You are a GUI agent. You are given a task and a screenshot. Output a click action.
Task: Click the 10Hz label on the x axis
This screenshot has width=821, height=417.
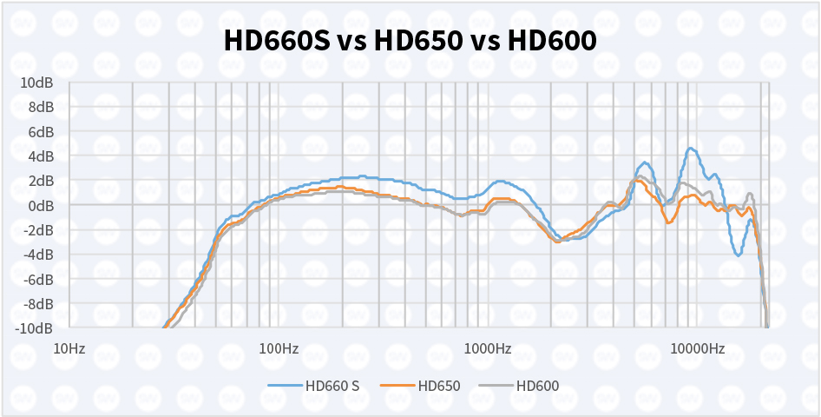point(69,349)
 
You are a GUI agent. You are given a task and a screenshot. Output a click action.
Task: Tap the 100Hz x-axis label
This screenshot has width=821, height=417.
point(278,349)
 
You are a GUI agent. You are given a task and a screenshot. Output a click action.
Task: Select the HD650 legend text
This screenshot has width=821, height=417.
point(438,386)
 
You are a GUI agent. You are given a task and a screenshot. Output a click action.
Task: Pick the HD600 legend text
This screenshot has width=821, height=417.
point(537,386)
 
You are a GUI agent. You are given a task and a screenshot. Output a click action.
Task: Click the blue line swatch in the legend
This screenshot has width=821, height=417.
point(284,386)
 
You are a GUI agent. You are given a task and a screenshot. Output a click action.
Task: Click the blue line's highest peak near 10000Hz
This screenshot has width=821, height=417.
point(691,149)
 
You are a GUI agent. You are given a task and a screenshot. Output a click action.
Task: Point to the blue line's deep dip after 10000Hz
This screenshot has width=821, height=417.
point(738,255)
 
